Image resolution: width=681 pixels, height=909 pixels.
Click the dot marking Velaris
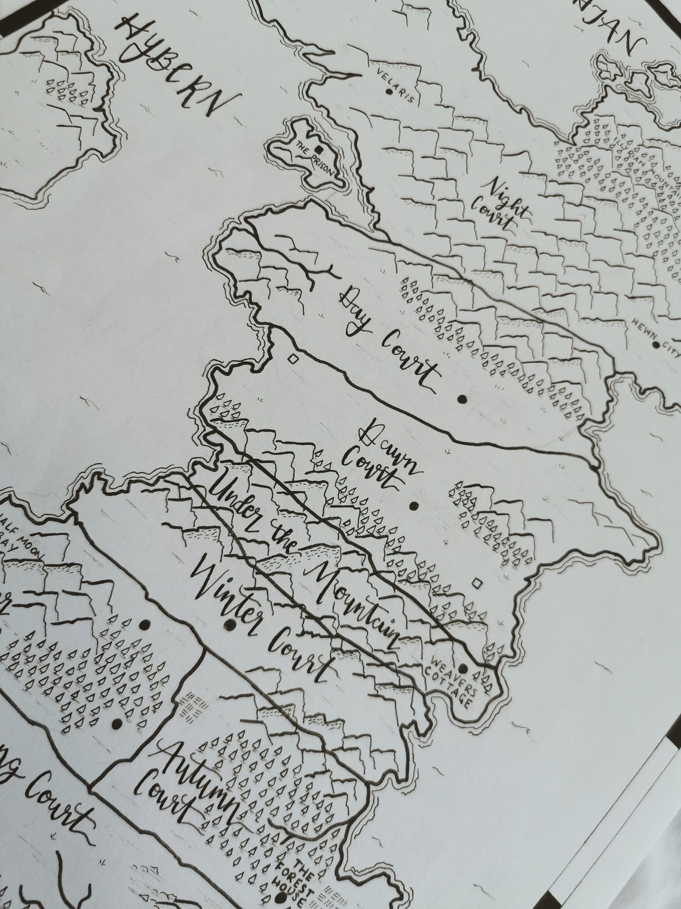(389, 92)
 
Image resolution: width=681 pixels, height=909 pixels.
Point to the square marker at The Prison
(319, 149)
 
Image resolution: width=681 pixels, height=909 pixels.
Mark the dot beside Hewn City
(656, 345)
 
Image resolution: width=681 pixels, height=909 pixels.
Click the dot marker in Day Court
(462, 399)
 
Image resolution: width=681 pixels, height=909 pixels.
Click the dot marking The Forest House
(279, 898)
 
